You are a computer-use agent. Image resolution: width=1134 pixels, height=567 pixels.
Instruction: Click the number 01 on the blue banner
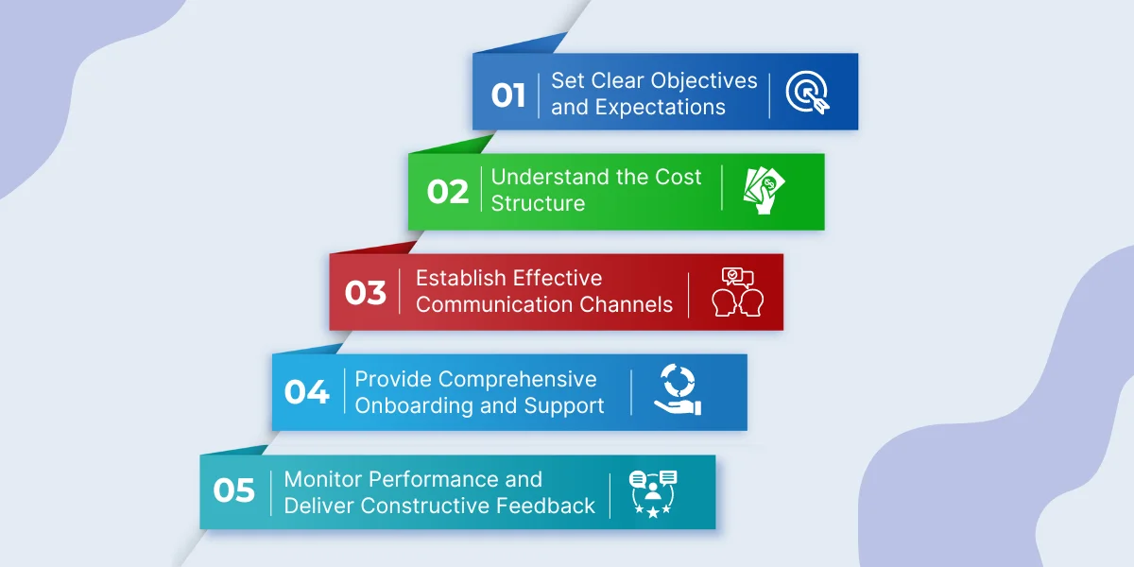pos(507,95)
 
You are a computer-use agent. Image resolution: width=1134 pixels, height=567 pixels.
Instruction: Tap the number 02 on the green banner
pos(448,192)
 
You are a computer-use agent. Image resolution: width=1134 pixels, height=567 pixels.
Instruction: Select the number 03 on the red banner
pos(366,293)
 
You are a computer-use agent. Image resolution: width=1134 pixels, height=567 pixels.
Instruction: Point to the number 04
pos(307,392)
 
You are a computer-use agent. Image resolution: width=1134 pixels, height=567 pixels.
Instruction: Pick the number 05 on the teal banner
pos(234,490)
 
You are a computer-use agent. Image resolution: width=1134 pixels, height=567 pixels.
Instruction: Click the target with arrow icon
pos(807,93)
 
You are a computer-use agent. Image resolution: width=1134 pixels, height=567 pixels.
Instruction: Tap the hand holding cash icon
pos(764,191)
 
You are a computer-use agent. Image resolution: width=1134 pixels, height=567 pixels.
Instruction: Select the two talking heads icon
pos(738,292)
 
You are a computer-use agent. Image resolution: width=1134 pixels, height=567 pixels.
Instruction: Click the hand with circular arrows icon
pos(678,389)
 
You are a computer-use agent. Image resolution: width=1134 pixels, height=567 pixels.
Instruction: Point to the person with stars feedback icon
pos(653,494)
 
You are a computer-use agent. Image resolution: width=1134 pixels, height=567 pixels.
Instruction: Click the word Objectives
pos(704,81)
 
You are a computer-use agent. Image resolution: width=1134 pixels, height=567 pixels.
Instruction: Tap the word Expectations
pos(661,108)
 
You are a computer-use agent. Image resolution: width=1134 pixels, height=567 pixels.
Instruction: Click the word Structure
pos(538,203)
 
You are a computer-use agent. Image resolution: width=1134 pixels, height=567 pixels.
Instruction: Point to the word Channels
pos(626,304)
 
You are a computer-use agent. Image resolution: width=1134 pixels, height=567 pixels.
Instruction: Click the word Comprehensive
pos(518,380)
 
